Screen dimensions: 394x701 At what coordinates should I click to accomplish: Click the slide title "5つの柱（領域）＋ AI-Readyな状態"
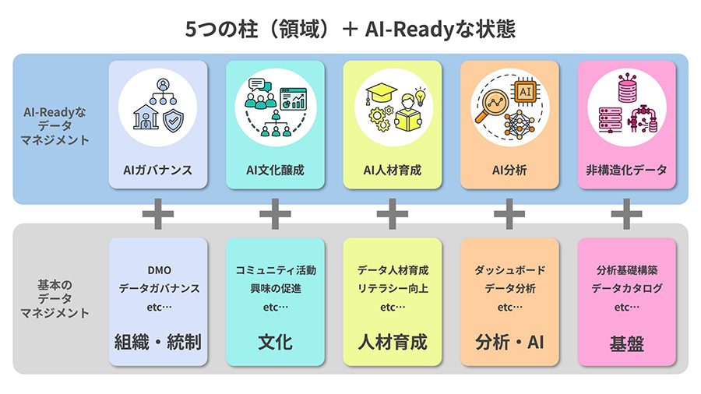coord(350,29)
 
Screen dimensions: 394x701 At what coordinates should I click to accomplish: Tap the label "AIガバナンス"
coord(158,170)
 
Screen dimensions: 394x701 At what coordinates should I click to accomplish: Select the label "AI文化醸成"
coord(275,170)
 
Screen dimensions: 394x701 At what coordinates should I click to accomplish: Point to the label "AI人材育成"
coord(393,170)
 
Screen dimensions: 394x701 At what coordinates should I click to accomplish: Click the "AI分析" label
coord(509,170)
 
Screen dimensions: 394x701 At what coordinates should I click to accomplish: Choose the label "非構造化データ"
coord(626,170)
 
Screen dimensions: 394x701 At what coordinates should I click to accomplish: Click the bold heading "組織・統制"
coord(158,342)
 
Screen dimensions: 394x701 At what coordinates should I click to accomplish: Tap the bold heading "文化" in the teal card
coord(275,342)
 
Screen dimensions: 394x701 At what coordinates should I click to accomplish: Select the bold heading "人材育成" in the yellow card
coord(393,342)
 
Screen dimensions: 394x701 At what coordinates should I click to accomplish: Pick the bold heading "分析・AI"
coord(509,342)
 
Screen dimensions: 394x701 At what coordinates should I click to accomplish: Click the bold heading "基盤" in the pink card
coord(626,343)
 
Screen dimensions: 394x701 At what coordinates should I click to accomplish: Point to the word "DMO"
coord(158,270)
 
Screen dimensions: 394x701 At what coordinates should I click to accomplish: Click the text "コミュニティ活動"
coord(275,270)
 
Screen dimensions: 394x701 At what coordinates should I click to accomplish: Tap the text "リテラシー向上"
coord(393,288)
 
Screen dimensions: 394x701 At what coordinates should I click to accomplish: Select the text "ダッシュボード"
coord(509,270)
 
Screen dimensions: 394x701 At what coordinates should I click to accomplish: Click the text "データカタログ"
coord(626,288)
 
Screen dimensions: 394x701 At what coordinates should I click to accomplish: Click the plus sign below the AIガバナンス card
coord(158,213)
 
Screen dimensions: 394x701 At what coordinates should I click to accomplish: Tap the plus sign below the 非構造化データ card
coord(626,213)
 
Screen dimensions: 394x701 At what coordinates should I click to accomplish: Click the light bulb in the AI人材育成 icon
coord(420,97)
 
